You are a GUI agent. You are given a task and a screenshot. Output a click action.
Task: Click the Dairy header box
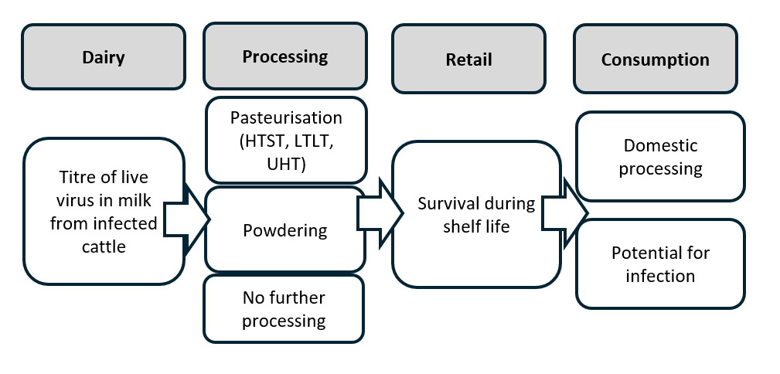pos(103,57)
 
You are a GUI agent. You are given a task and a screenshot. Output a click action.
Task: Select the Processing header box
pos(284,56)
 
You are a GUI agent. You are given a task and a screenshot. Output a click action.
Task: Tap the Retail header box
pos(468,59)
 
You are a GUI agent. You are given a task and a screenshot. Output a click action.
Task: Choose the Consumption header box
pos(655,59)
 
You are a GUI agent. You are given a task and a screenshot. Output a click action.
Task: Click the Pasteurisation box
pos(284,140)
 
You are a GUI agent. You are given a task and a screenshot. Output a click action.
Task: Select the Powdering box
pos(284,229)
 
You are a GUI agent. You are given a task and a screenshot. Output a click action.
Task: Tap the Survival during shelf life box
pos(476,215)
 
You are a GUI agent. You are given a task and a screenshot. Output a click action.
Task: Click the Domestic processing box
pos(660,156)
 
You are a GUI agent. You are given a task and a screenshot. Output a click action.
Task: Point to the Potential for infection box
pos(660,263)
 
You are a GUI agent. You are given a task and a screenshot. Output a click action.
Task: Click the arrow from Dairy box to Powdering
pos(189,220)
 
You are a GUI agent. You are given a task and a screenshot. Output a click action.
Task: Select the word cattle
pos(104,246)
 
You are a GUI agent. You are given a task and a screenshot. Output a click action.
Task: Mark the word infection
pos(660,275)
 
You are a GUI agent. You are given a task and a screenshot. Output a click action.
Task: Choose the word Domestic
pos(660,145)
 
